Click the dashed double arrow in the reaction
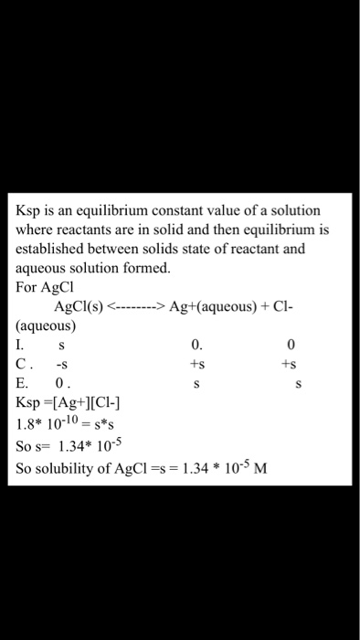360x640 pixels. click(x=134, y=306)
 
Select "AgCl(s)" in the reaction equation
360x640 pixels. click(x=79, y=306)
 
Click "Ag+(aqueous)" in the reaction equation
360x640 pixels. click(x=209, y=306)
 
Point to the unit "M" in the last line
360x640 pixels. click(x=260, y=470)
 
